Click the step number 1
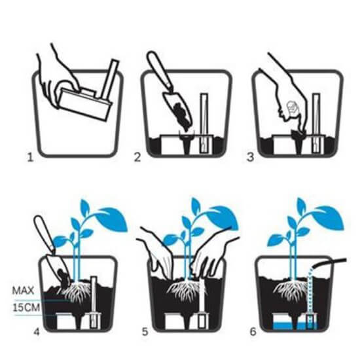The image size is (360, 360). [x=30, y=158]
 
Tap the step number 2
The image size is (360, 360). [x=137, y=157]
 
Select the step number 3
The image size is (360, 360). [x=250, y=157]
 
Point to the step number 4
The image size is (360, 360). [x=37, y=332]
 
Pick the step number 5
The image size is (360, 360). [x=145, y=332]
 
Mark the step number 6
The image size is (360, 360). [x=253, y=332]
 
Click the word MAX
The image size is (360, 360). [x=23, y=291]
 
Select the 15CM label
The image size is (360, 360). [x=26, y=308]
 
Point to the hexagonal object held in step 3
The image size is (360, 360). [x=293, y=107]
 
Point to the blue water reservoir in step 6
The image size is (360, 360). [x=295, y=325]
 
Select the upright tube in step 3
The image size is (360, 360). [x=316, y=123]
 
